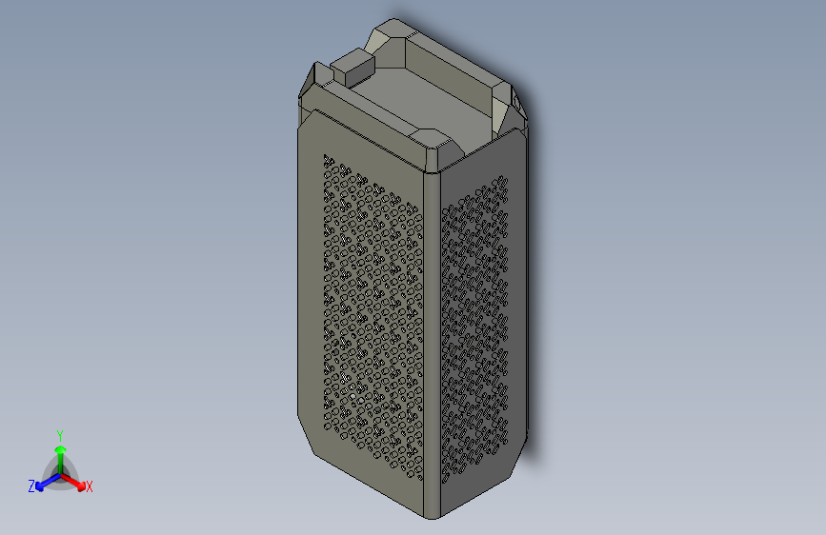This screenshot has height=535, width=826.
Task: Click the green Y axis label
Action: click(59, 433)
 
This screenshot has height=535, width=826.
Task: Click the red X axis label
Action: click(90, 486)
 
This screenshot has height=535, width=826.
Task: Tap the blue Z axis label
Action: click(31, 486)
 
